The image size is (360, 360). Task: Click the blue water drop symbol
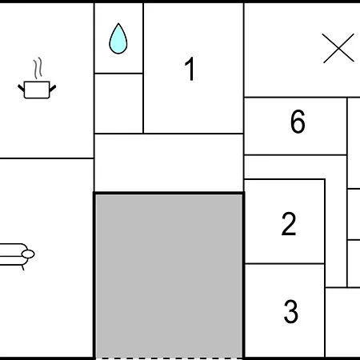coord(118,39)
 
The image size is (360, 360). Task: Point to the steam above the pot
coord(38,68)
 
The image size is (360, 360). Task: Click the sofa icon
coord(16,255)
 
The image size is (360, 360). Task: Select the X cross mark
coord(338,48)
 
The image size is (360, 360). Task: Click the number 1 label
coord(190,69)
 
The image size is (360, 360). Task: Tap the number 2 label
coord(289,224)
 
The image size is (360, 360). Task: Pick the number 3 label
coord(291,311)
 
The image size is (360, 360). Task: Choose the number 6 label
coord(298,122)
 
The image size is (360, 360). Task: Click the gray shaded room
coord(169,276)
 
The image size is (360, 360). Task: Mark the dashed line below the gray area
coord(169,358)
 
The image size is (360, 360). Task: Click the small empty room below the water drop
coord(118,103)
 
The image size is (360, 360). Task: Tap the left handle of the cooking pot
coord(22,88)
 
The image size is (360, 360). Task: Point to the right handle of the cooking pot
coord(53,88)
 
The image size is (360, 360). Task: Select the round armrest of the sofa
coord(28,254)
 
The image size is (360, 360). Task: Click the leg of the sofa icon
coord(23,268)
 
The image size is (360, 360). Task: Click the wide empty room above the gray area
coord(169,162)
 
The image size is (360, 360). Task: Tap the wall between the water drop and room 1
coord(143,68)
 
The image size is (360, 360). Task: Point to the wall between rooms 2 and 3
coord(285,264)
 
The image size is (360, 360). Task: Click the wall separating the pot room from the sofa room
coord(46,158)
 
